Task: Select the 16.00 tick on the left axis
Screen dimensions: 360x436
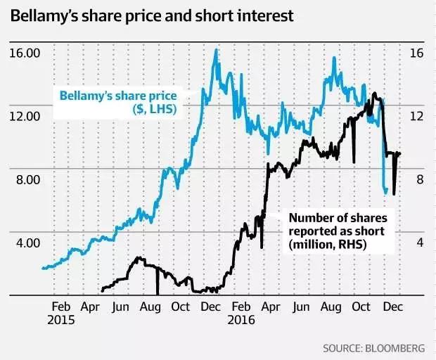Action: point(25,53)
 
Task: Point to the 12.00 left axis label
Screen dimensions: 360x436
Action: point(25,116)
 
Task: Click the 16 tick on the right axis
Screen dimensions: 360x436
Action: point(416,53)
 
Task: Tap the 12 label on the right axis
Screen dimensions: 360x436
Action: point(416,116)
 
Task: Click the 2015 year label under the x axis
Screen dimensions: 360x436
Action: point(61,320)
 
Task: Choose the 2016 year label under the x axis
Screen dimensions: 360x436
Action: point(241,320)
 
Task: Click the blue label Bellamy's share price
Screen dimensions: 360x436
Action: point(117,96)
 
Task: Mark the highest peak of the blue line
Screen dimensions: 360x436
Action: point(216,49)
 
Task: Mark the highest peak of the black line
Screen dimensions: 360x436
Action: point(374,93)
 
